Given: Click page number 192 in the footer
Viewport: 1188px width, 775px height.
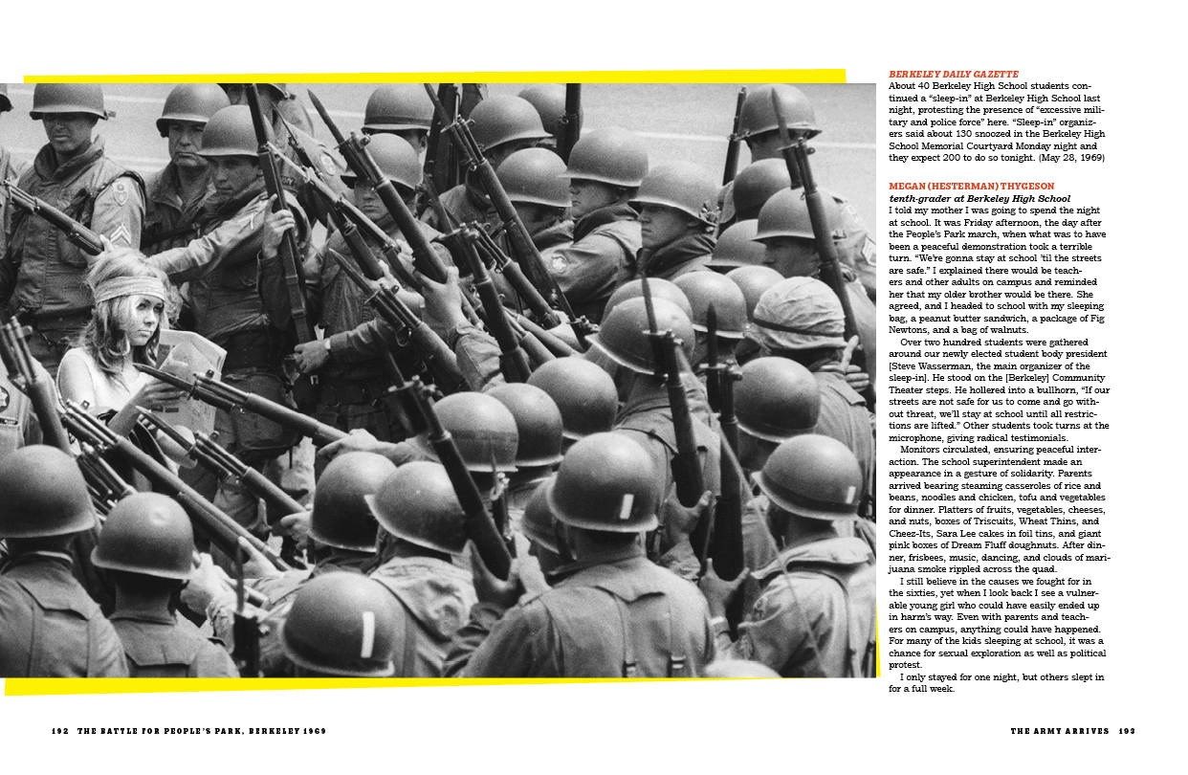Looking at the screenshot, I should point(60,730).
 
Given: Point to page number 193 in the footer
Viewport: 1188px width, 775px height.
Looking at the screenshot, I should point(1126,731).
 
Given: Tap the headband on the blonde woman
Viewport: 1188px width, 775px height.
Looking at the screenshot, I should point(117,288).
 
